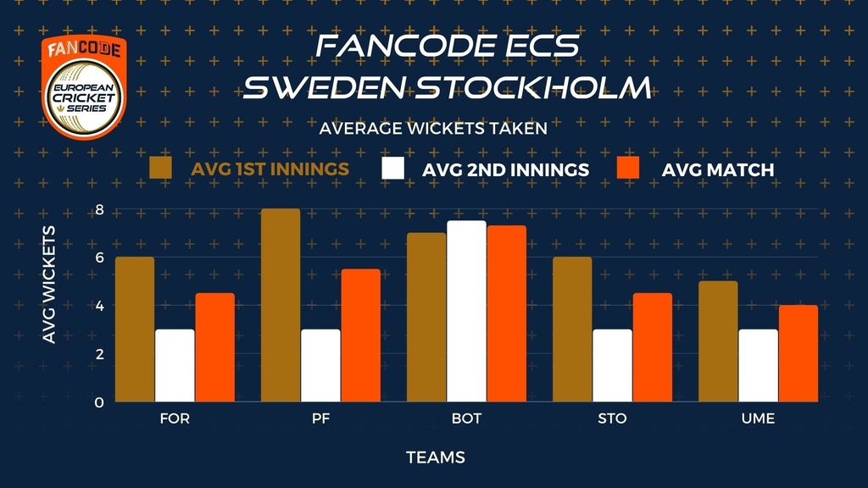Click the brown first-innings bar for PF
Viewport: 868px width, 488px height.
[281, 305]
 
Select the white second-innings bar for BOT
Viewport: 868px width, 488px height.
[467, 311]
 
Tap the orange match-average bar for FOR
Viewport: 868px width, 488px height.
[214, 347]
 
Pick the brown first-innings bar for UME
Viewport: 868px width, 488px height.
[718, 341]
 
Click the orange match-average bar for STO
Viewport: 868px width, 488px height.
[653, 347]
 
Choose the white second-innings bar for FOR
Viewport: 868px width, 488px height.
[175, 365]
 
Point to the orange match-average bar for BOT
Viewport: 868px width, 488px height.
[507, 313]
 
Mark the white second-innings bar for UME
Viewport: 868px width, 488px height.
[759, 365]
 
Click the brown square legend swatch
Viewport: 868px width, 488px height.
[160, 168]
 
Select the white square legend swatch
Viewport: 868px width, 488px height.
[392, 168]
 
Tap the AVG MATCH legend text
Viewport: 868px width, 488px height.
[717, 169]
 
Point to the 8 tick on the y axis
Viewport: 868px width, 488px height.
[100, 210]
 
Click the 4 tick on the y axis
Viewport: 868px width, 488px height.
[100, 306]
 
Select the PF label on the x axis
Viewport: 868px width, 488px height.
[320, 419]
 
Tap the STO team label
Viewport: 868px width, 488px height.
[612, 419]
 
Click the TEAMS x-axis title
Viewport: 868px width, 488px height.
[436, 457]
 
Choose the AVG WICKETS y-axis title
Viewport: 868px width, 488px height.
[49, 285]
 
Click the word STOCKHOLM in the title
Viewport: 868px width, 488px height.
[533, 87]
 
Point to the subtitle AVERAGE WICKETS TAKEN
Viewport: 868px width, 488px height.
[433, 129]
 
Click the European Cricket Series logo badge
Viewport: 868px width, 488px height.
[84, 87]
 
